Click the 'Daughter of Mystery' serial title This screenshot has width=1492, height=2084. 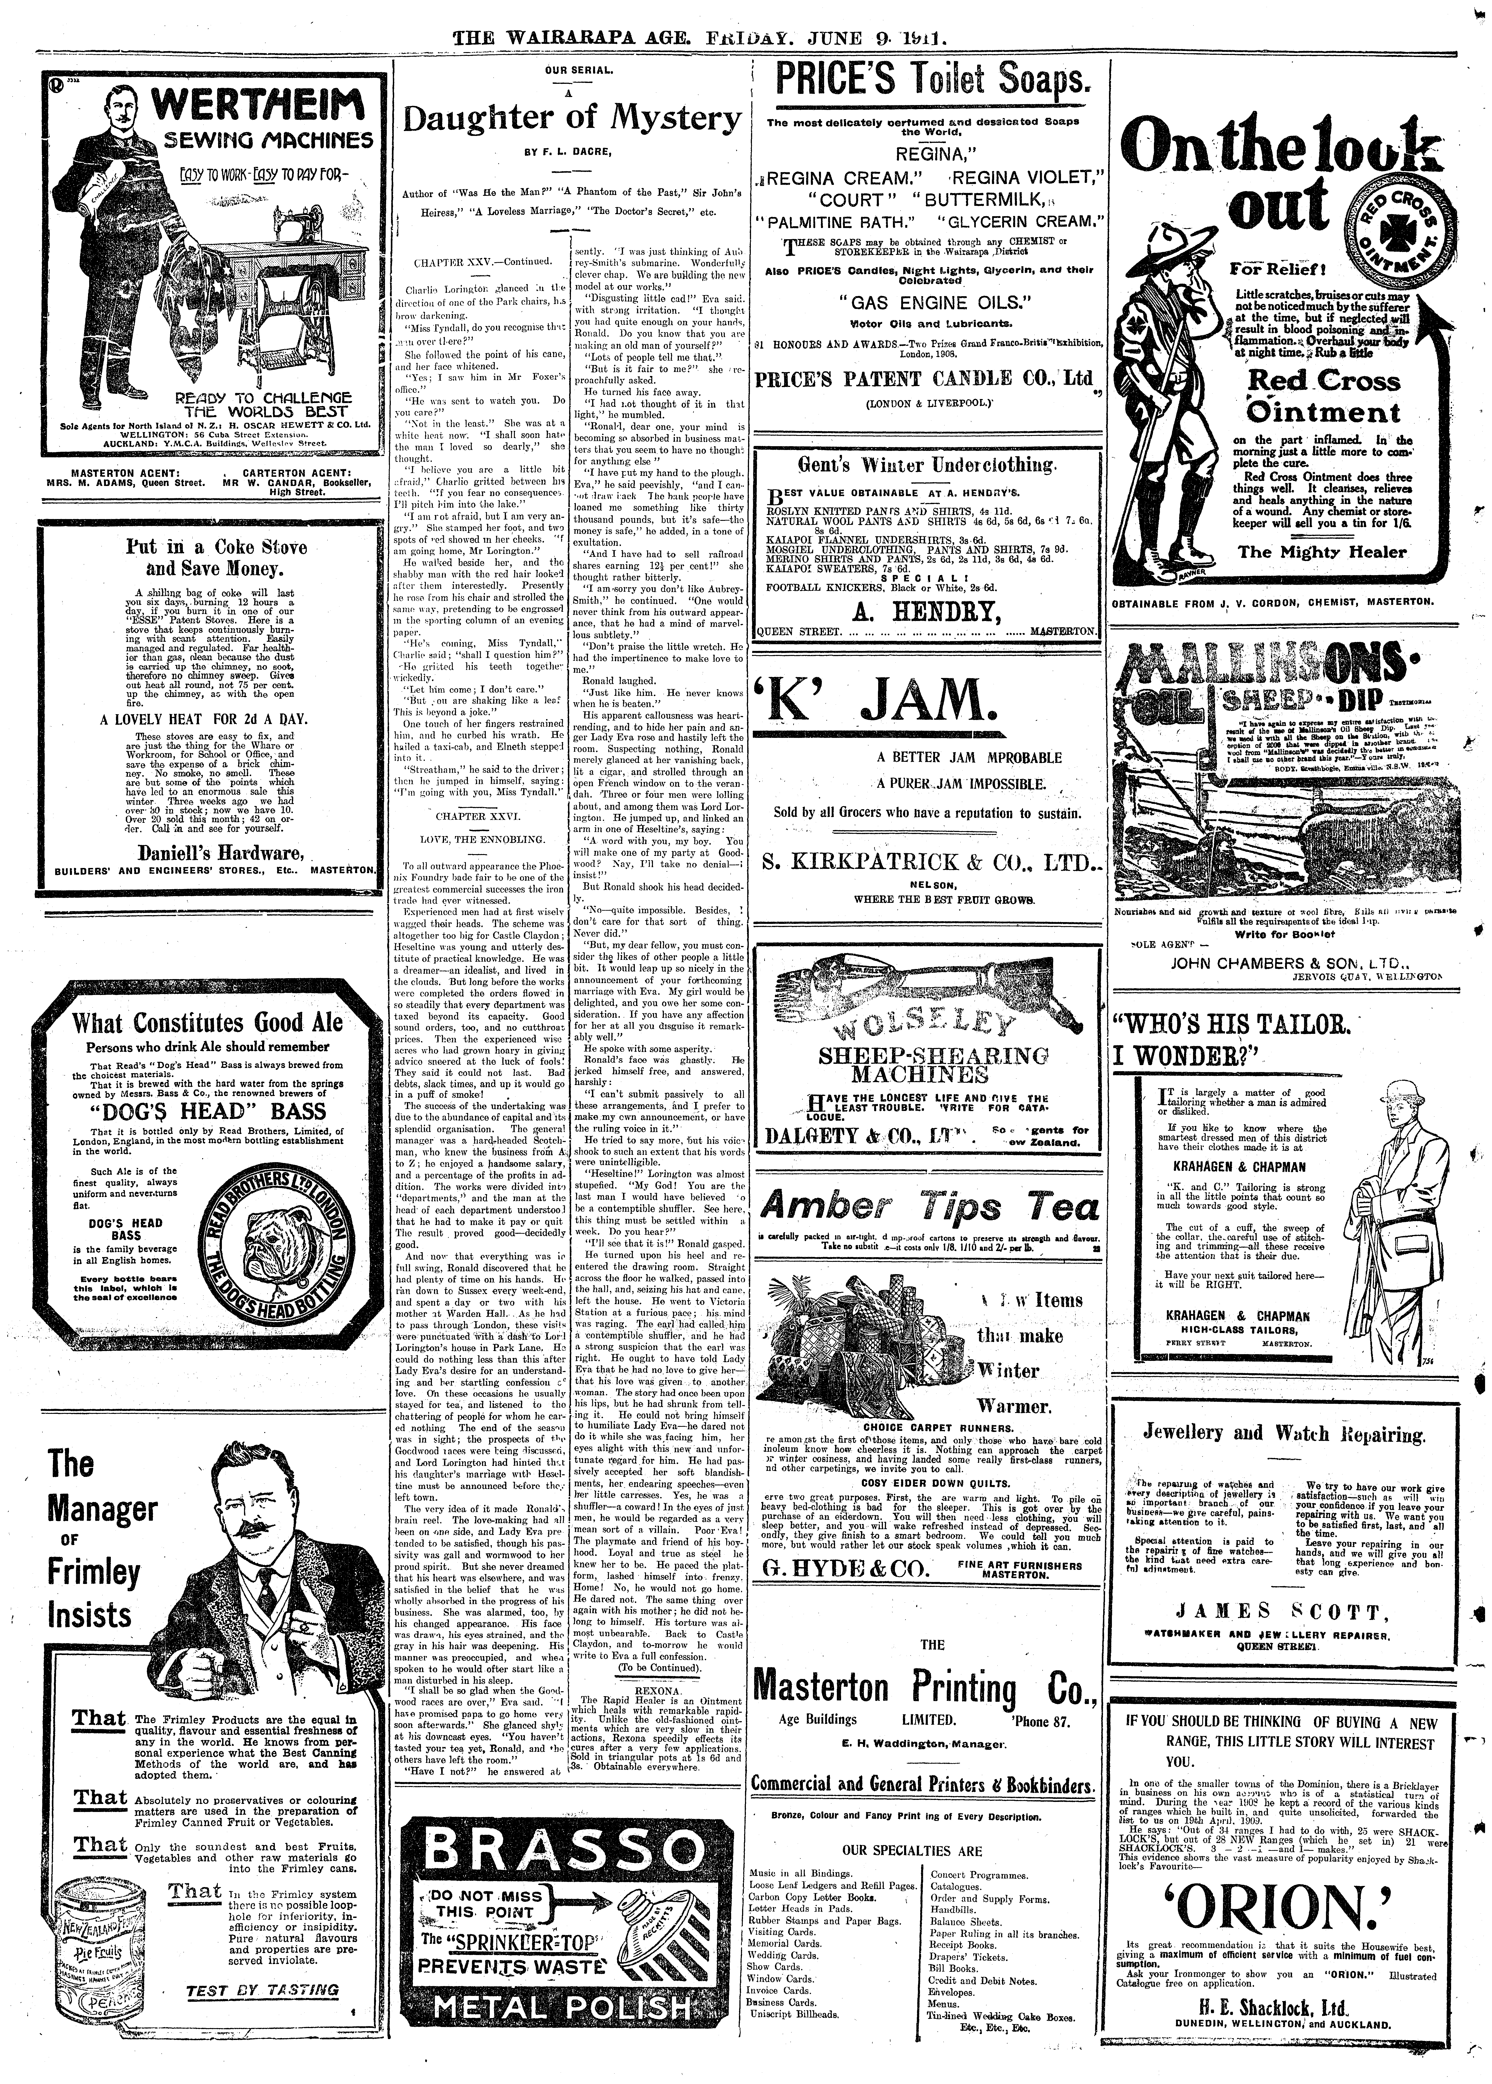click(x=571, y=119)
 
